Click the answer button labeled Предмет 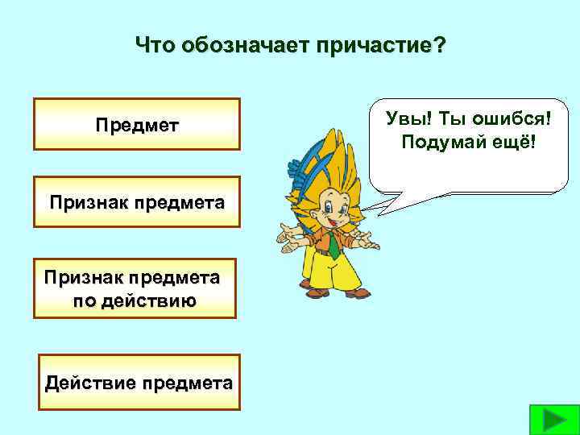point(137,125)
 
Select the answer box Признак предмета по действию point(135,288)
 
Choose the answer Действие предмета point(139,383)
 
